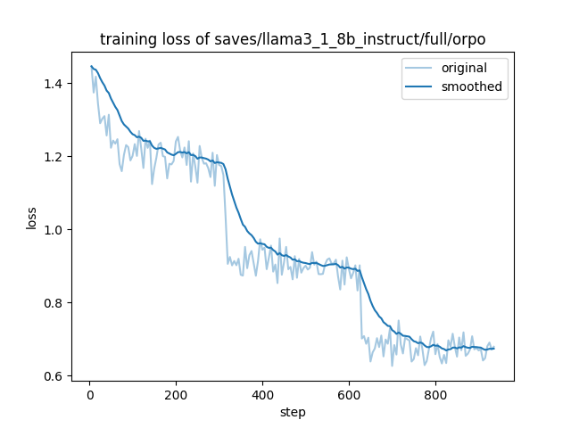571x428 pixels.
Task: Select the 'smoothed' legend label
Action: click(472, 86)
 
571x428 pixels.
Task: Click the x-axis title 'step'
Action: click(293, 411)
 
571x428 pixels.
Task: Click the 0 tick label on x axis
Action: click(89, 393)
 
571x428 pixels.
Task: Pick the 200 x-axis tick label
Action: click(176, 393)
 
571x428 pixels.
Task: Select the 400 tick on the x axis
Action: click(262, 393)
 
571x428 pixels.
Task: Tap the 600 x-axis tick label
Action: click(349, 393)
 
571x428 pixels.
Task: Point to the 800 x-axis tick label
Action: click(435, 393)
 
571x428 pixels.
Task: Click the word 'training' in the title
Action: click(126, 40)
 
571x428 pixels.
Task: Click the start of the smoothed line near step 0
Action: click(91, 66)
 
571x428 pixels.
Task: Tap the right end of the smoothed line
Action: click(494, 349)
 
